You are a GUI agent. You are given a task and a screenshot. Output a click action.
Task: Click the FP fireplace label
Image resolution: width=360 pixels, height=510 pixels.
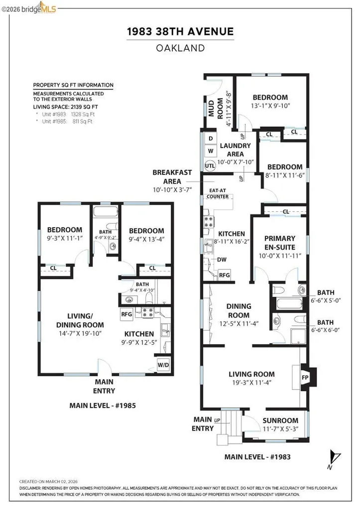305,378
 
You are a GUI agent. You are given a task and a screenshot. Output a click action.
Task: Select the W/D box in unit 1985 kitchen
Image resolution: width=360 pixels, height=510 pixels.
163,364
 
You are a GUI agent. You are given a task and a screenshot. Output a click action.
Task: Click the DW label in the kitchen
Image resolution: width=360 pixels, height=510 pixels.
221,259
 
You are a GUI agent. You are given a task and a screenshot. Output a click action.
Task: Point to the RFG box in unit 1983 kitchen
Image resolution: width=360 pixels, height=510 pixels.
225,274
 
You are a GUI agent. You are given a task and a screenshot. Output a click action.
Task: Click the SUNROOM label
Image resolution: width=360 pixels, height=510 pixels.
280,420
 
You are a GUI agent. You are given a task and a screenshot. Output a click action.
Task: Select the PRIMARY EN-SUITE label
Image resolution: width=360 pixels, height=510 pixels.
279,243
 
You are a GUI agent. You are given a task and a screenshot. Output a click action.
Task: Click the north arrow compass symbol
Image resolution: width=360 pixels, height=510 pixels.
336,457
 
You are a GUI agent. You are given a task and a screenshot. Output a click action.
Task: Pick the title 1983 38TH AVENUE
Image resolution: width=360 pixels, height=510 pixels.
180,32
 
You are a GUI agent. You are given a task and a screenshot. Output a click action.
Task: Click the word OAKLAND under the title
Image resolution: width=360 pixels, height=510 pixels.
180,48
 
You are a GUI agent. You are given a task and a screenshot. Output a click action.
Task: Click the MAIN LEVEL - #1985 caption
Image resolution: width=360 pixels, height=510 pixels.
103,405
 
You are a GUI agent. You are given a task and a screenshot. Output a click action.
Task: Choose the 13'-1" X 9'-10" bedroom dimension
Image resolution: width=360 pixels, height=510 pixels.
270,106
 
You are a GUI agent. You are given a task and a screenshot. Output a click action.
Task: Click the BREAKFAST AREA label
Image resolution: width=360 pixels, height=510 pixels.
172,177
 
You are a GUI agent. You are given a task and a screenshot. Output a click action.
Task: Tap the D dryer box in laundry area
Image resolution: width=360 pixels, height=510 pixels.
210,138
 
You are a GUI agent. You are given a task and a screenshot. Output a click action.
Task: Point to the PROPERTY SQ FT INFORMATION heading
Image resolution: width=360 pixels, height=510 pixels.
73,85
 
